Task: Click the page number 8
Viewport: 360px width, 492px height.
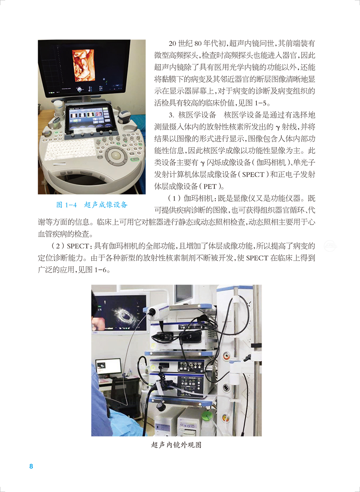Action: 31,466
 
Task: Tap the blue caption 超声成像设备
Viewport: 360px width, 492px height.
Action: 106,205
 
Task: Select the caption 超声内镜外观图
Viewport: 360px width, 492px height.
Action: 176,445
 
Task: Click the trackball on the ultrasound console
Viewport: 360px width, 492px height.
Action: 116,155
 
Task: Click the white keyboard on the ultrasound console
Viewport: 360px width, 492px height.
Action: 70,149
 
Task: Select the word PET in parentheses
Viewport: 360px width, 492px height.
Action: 210,187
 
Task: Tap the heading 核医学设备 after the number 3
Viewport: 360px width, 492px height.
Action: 197,115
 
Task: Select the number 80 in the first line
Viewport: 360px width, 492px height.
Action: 198,44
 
